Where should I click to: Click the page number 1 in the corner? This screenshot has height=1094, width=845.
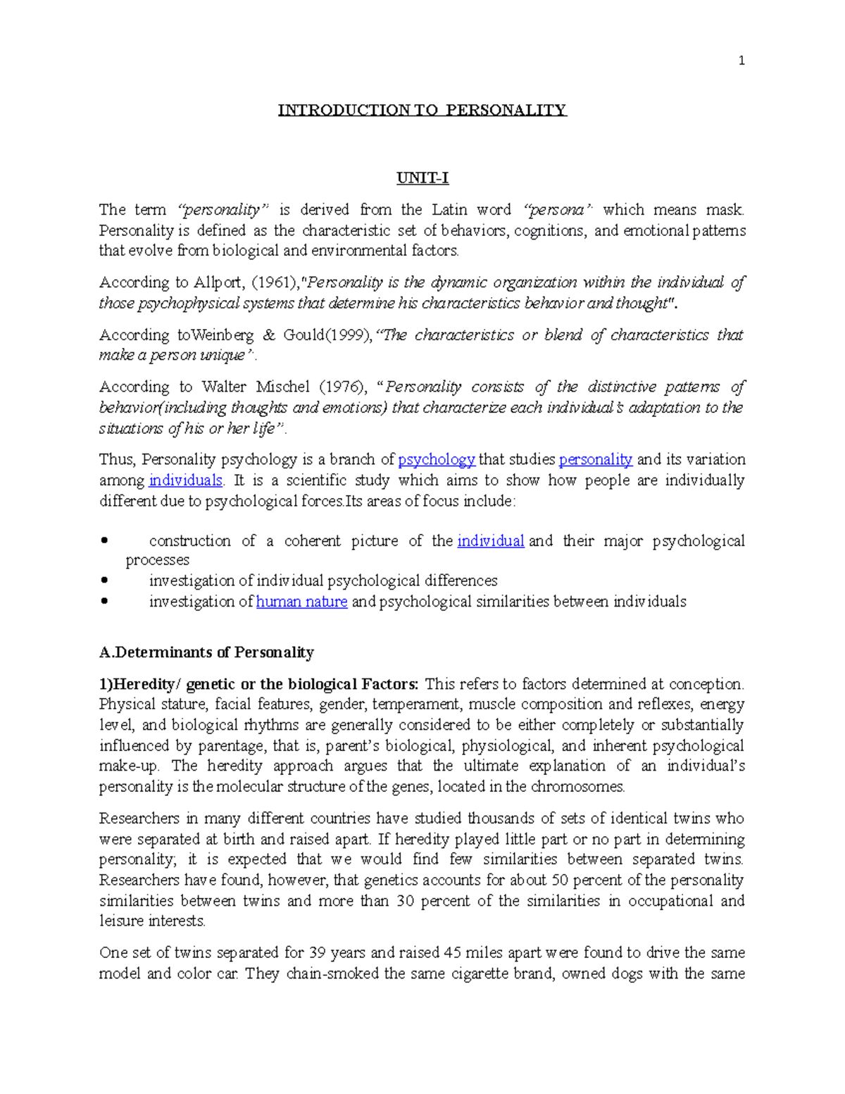click(x=741, y=61)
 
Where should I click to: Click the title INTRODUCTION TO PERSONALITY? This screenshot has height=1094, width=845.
click(x=422, y=110)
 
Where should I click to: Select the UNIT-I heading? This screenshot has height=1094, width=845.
click(x=422, y=178)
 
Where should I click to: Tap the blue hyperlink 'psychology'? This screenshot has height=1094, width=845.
click(x=437, y=460)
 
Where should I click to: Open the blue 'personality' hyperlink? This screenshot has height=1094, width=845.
click(x=596, y=460)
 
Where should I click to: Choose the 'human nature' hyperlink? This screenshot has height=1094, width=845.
click(x=301, y=602)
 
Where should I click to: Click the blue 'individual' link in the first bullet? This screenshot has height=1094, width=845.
click(x=490, y=541)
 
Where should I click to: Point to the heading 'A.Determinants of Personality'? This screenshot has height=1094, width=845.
click(x=206, y=652)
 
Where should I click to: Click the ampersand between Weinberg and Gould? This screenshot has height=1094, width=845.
click(x=268, y=335)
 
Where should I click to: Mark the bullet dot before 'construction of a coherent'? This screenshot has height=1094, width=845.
click(x=104, y=541)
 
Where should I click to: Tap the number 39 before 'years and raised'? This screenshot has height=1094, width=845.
click(x=316, y=953)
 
